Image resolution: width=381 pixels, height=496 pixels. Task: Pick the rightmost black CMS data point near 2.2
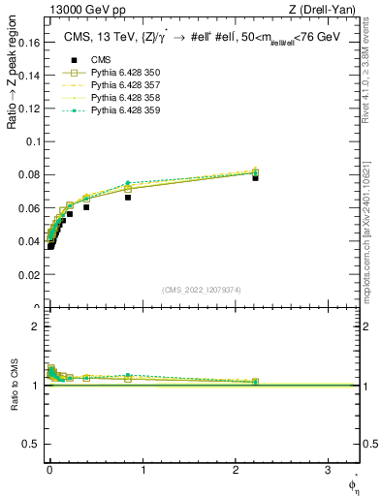[x=255, y=177]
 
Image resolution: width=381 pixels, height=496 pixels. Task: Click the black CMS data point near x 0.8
[x=127, y=197]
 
